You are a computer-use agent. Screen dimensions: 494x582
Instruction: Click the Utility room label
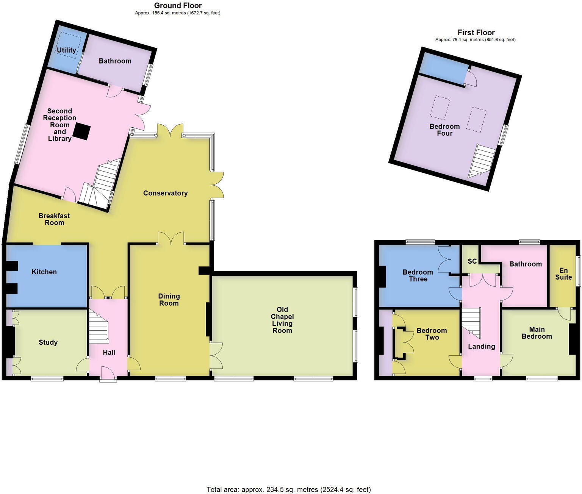pyautogui.click(x=66, y=50)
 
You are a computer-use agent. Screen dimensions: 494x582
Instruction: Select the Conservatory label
pyautogui.click(x=165, y=193)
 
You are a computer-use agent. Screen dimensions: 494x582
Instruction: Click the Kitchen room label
pyautogui.click(x=44, y=272)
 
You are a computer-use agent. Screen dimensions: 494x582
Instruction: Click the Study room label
pyautogui.click(x=48, y=342)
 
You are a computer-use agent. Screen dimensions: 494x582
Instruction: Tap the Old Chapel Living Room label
pyautogui.click(x=282, y=320)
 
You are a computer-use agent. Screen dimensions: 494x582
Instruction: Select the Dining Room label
pyautogui.click(x=169, y=300)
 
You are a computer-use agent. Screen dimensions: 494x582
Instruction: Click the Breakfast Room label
pyautogui.click(x=54, y=219)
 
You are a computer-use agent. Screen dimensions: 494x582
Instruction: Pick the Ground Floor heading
pyautogui.click(x=178, y=6)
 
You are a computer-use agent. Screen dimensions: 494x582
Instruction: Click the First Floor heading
pyautogui.click(x=476, y=33)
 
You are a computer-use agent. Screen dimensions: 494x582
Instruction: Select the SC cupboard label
pyautogui.click(x=472, y=261)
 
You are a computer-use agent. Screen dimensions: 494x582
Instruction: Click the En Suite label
pyautogui.click(x=563, y=274)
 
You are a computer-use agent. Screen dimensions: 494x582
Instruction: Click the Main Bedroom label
pyautogui.click(x=537, y=333)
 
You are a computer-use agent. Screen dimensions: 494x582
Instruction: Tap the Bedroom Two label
pyautogui.click(x=432, y=334)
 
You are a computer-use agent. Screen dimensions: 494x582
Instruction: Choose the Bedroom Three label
pyautogui.click(x=418, y=275)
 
